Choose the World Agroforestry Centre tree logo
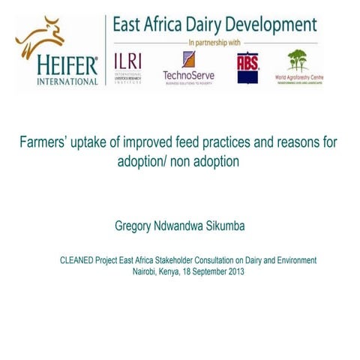pos(297,60)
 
